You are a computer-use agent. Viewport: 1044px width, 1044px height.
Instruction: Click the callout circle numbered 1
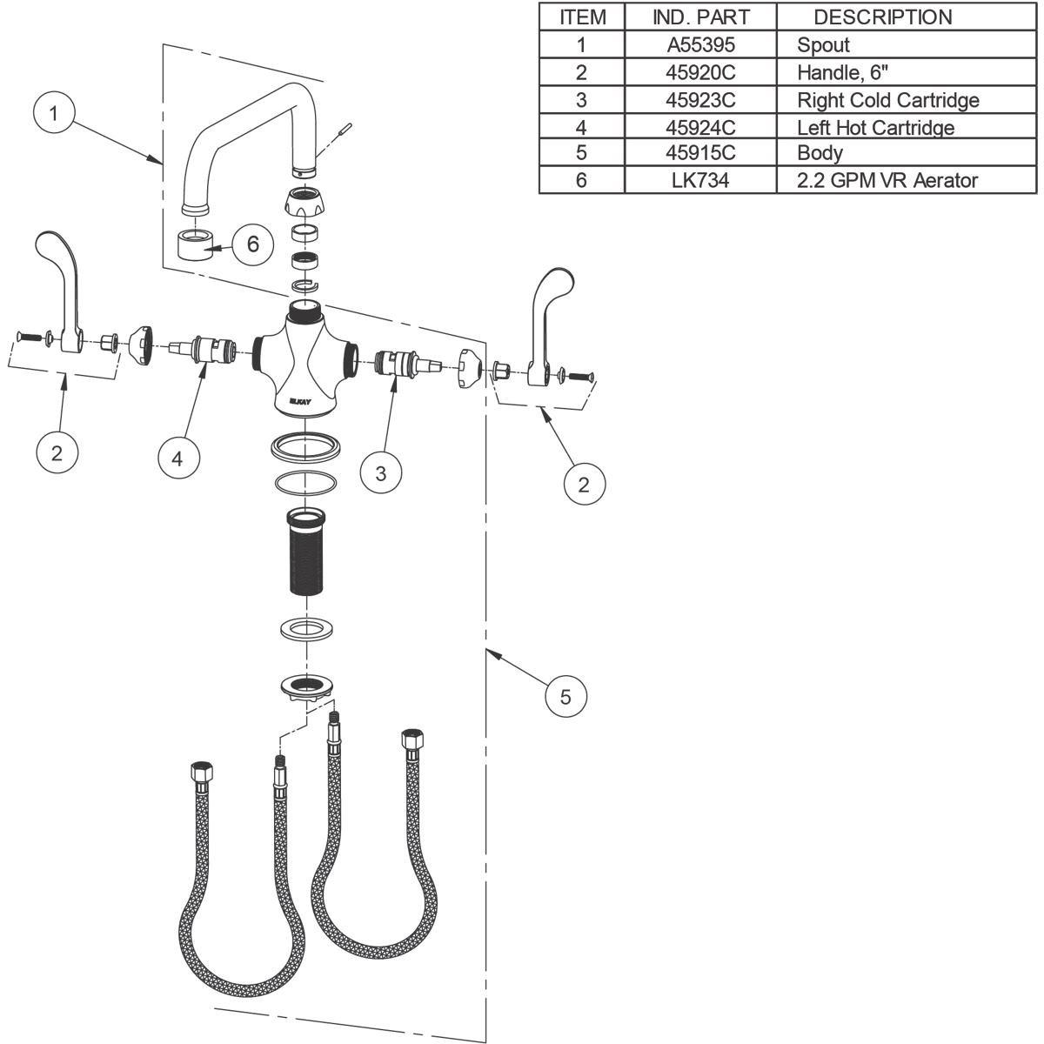[x=54, y=113]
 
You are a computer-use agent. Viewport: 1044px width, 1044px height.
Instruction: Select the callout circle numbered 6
[x=253, y=244]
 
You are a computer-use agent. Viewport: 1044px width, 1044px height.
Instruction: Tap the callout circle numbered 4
[x=178, y=458]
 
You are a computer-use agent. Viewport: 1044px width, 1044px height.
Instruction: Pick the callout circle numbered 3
[x=381, y=473]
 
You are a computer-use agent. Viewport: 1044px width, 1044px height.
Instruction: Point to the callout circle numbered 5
[x=565, y=696]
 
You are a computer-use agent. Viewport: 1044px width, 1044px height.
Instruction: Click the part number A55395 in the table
[x=700, y=45]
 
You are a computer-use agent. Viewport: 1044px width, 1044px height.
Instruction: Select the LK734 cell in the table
[x=700, y=180]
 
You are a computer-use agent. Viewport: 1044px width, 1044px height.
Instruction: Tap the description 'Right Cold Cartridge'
[x=888, y=100]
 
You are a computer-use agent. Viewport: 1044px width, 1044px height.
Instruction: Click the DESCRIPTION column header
[x=882, y=17]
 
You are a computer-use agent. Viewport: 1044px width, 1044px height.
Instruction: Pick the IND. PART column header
[x=700, y=17]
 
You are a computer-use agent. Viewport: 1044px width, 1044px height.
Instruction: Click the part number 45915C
[x=700, y=153]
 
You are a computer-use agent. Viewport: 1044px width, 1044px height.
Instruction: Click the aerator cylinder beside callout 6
[x=196, y=244]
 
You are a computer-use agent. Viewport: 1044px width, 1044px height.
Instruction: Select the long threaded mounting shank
[x=305, y=551]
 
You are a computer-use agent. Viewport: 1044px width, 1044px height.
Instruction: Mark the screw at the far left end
[x=29, y=337]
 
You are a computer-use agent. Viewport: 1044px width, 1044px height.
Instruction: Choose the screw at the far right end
[x=581, y=375]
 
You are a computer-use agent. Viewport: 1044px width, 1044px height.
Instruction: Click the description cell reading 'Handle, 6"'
[x=842, y=72]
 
